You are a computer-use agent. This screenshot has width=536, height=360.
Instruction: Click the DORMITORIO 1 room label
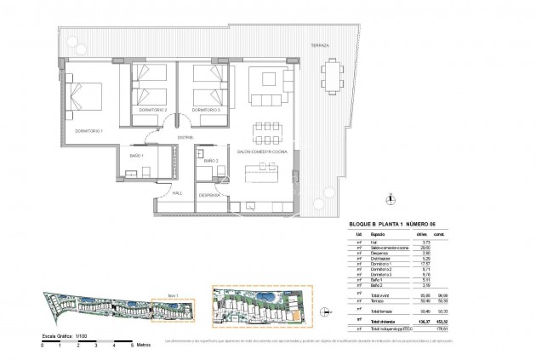[x=89, y=130]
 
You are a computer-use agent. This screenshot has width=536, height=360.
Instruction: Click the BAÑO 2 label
[x=212, y=160]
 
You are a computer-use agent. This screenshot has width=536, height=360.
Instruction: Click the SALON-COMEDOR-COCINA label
[x=262, y=151]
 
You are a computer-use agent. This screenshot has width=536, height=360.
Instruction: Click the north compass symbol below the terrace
[x=390, y=201]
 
